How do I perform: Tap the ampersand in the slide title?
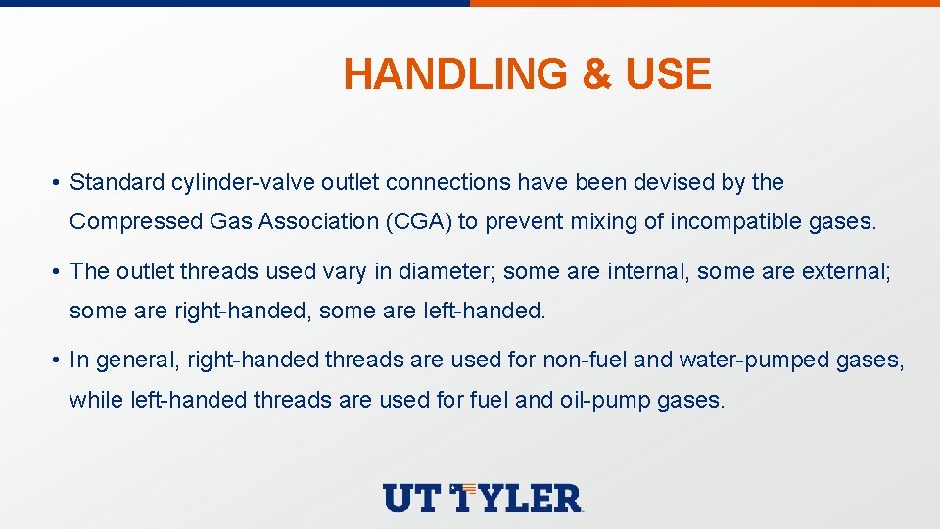point(596,75)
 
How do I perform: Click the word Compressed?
point(136,221)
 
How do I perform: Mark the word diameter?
point(452,271)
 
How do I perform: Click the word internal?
point(649,271)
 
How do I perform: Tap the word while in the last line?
point(96,399)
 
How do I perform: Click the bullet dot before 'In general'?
point(59,361)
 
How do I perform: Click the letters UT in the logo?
point(411,498)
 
